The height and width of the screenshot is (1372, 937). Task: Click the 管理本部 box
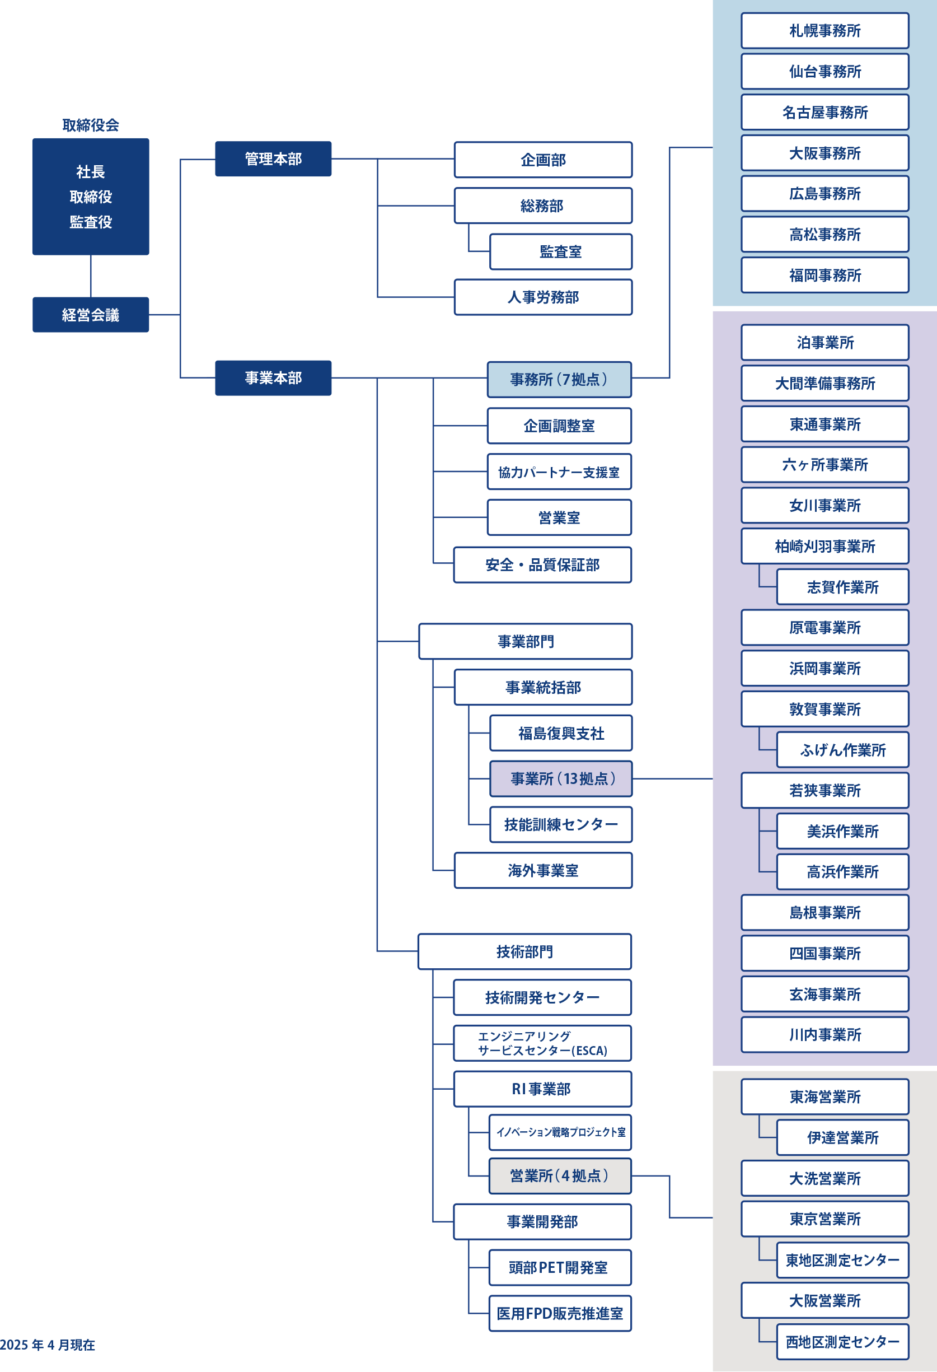pyautogui.click(x=273, y=159)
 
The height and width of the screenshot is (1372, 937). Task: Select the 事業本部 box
pyautogui.click(x=273, y=378)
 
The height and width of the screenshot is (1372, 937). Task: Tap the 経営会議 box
pyautogui.click(x=91, y=315)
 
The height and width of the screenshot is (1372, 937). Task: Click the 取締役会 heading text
pyautogui.click(x=91, y=125)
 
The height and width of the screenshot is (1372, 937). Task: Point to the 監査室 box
pyautogui.click(x=560, y=251)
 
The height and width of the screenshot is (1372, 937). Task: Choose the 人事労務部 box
pyautogui.click(x=543, y=297)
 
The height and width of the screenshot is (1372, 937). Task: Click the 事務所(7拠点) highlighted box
pyautogui.click(x=559, y=379)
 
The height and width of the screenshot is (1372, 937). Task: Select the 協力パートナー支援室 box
pyautogui.click(x=559, y=472)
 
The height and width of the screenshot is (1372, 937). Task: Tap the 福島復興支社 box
pyautogui.click(x=560, y=733)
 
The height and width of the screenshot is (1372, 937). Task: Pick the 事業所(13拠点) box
pyautogui.click(x=560, y=779)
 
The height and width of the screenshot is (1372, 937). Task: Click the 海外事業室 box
pyautogui.click(x=543, y=870)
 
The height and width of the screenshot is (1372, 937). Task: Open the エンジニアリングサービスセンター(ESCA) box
pyautogui.click(x=542, y=1043)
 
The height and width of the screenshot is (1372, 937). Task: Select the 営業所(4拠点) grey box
pyautogui.click(x=560, y=1175)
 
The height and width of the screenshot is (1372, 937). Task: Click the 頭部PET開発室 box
pyautogui.click(x=560, y=1267)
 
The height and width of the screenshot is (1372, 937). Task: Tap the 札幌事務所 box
pyautogui.click(x=825, y=31)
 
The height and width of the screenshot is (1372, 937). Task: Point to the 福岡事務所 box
pyautogui.click(x=825, y=275)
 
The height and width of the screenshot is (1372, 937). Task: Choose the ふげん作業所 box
pyautogui.click(x=842, y=750)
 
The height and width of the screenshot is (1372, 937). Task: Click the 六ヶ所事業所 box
pyautogui.click(x=825, y=465)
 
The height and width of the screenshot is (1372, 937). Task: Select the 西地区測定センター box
pyautogui.click(x=842, y=1341)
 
